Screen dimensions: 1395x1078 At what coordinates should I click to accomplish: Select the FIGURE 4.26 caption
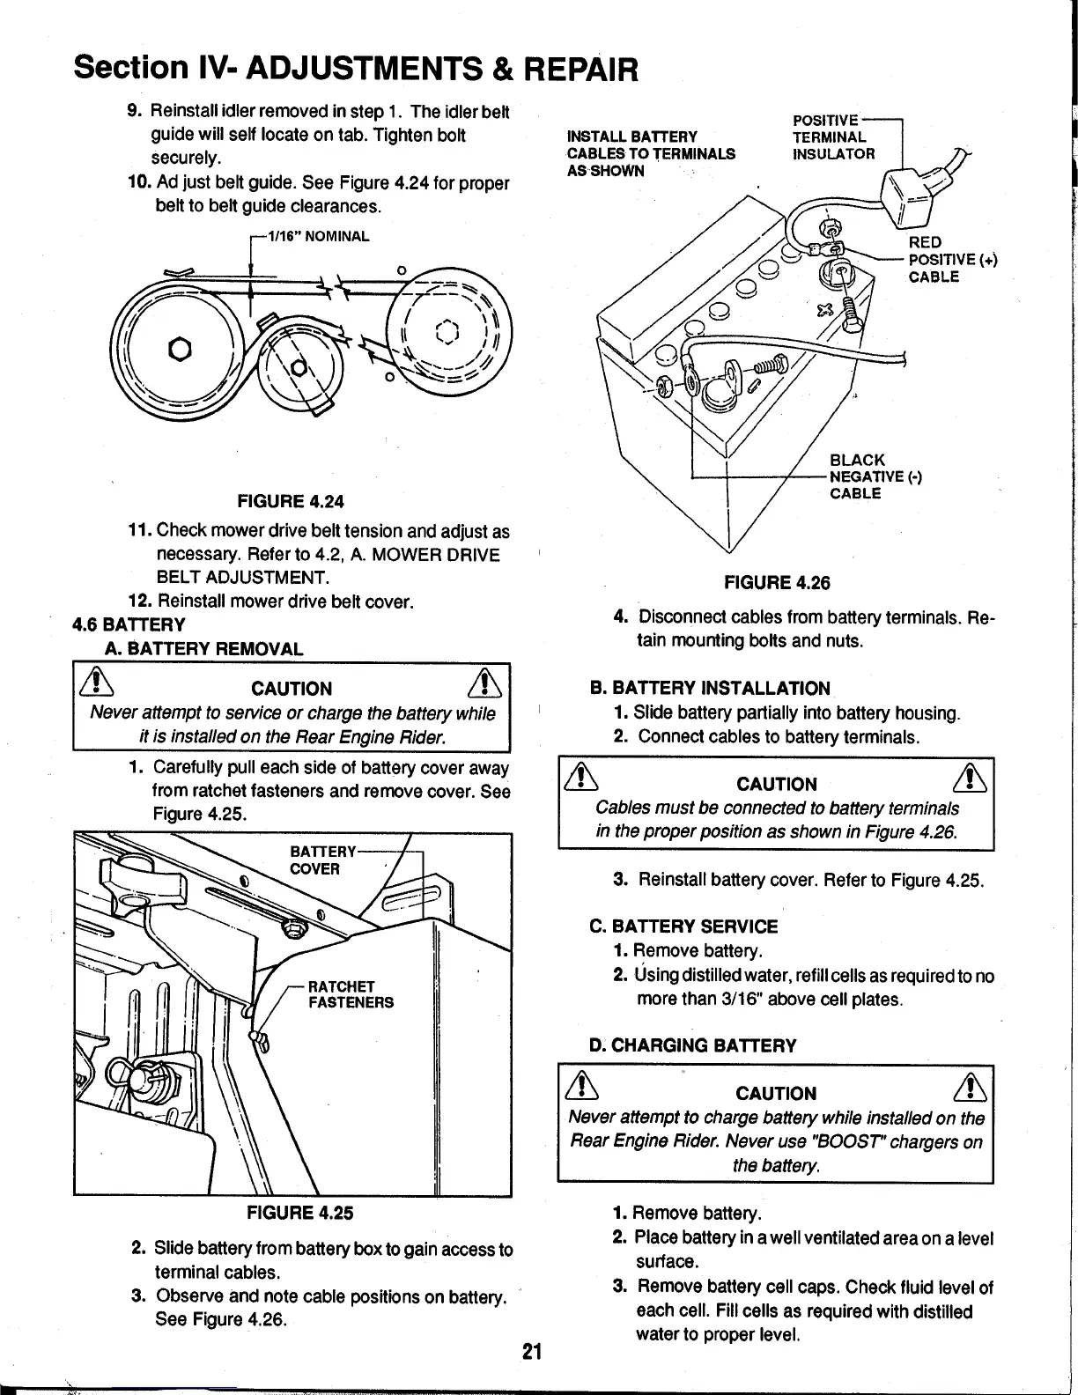point(777,583)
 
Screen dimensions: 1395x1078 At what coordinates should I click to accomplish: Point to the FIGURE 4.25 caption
point(299,1213)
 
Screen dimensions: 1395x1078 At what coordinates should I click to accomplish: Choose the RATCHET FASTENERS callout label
point(351,994)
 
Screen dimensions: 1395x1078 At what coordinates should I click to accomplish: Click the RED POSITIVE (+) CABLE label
point(951,260)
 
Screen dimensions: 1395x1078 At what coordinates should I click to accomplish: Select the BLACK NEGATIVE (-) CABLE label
point(875,476)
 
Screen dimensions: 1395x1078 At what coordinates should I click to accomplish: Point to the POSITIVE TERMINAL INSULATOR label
point(833,137)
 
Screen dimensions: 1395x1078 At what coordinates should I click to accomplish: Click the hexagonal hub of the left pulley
point(181,348)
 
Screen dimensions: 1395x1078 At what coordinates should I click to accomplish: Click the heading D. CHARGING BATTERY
point(692,1046)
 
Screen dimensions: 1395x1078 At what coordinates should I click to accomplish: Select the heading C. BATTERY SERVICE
point(683,926)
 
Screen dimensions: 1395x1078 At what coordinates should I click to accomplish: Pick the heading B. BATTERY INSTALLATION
point(709,689)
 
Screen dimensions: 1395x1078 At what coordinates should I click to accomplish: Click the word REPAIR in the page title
point(582,67)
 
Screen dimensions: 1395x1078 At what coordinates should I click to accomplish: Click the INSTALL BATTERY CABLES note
point(651,153)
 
